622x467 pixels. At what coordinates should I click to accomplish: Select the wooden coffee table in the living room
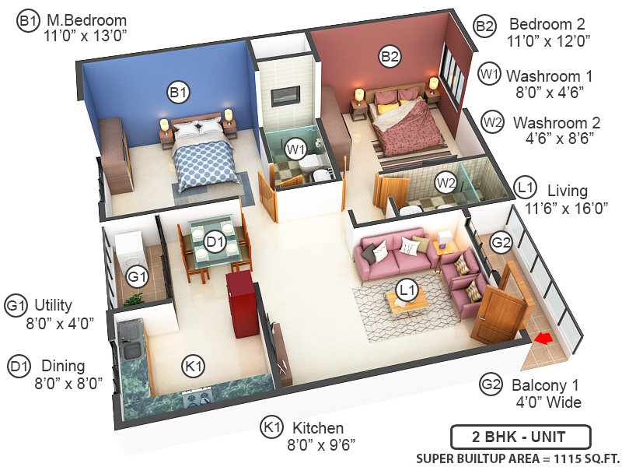[406, 303]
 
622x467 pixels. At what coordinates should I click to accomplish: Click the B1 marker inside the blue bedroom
[179, 93]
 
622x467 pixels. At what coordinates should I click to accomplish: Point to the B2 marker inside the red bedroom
[390, 56]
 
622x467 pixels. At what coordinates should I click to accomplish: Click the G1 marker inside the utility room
[138, 276]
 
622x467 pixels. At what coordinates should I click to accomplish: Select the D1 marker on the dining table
[215, 243]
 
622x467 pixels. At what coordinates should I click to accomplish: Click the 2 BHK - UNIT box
[520, 435]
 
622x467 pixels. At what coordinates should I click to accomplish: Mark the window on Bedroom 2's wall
[450, 78]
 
